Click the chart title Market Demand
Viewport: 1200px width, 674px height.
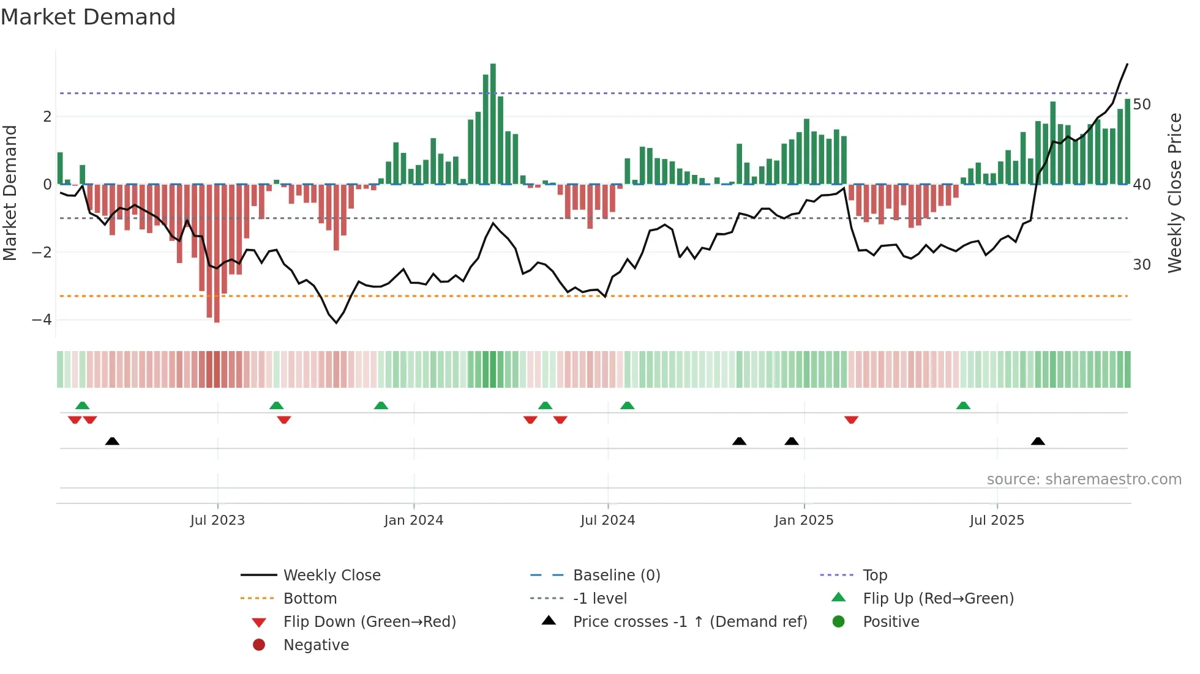coord(88,17)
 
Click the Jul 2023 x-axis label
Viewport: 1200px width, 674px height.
coord(217,520)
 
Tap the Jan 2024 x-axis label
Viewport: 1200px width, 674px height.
coord(413,520)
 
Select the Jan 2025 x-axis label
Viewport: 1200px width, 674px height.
coord(803,520)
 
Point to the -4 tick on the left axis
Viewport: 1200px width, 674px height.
coord(42,320)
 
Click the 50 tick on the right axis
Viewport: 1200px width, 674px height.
coord(1141,105)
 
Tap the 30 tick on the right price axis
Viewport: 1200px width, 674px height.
coord(1141,265)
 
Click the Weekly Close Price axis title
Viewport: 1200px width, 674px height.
coord(1174,193)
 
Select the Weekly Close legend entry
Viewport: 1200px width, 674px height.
coord(331,576)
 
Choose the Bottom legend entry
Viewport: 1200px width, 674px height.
coord(310,599)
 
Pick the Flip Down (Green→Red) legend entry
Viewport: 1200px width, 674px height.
coord(369,622)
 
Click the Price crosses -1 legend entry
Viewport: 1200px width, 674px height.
coord(689,622)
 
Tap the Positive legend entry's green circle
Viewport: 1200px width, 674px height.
coord(839,622)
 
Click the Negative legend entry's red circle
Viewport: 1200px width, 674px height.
coord(259,645)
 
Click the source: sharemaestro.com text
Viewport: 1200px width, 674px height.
coord(1084,480)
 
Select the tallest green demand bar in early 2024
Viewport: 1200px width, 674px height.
coord(493,122)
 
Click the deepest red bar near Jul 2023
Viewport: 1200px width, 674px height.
coord(217,254)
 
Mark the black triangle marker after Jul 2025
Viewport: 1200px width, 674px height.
coord(1038,442)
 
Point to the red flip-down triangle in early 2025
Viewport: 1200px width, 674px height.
coord(851,420)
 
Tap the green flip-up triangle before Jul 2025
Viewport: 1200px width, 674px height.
coord(963,406)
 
